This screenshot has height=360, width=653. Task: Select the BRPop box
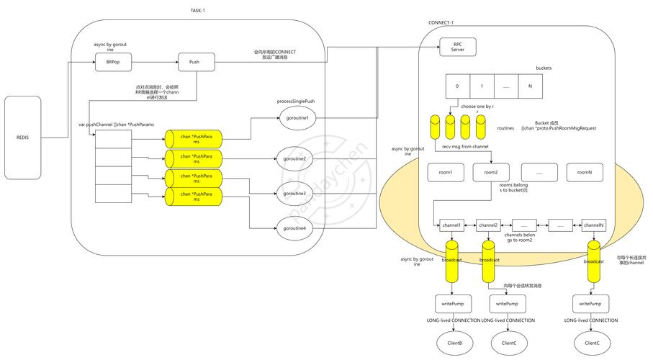(x=113, y=63)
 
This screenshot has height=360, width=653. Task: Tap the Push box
(x=194, y=63)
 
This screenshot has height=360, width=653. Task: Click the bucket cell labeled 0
(x=456, y=86)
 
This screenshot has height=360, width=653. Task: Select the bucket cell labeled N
(x=530, y=86)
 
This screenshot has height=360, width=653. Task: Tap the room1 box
(x=446, y=173)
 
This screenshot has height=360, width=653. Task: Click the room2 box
(x=491, y=173)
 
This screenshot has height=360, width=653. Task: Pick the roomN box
(x=584, y=173)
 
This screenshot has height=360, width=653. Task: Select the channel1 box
(x=451, y=225)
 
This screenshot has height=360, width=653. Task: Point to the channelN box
(x=593, y=225)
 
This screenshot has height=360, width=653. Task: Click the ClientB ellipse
(x=451, y=343)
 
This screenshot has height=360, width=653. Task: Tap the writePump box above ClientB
(x=451, y=304)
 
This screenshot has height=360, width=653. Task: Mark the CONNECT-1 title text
(x=441, y=22)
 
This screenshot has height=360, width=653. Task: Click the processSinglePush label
(x=296, y=102)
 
